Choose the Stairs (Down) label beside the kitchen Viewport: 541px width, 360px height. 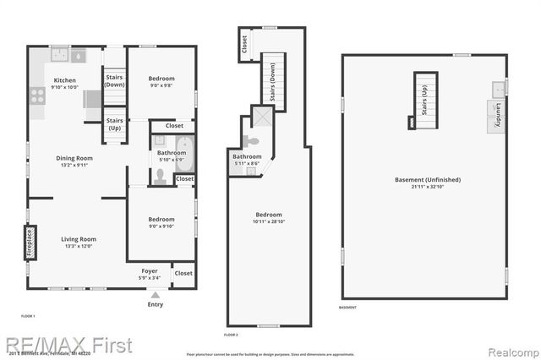[115, 81]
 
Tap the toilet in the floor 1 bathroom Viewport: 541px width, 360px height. [160, 176]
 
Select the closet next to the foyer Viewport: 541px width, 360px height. [183, 273]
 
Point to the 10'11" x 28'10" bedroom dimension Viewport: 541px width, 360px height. [268, 222]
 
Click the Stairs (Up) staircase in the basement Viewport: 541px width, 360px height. [425, 100]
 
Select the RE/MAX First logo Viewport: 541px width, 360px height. [68, 345]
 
